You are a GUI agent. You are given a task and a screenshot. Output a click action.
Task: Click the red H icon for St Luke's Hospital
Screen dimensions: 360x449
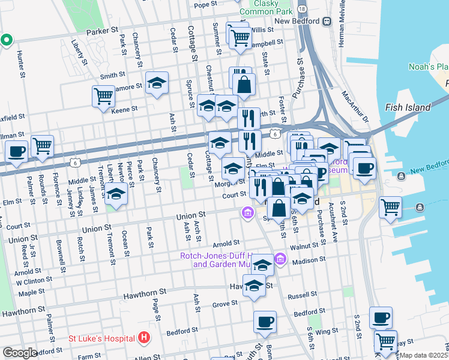(143, 338)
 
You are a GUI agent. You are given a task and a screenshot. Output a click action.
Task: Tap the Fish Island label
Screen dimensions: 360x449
(411, 107)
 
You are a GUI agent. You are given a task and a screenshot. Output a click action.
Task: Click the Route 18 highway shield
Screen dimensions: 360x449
(302, 9)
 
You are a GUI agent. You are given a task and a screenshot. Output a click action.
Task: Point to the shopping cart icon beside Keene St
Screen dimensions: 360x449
(103, 95)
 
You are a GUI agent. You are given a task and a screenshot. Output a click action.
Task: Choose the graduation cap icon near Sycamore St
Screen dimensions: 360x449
(157, 83)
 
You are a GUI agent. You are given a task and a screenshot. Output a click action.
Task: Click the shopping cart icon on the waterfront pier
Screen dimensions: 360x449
(390, 208)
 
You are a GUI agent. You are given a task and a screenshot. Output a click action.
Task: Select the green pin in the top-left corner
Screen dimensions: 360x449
(7, 40)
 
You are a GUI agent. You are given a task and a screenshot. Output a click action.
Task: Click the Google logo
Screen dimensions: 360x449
(20, 353)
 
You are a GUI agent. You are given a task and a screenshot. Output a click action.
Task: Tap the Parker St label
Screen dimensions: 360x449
(102, 30)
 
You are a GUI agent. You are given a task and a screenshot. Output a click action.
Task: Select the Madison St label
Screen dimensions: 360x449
(309, 260)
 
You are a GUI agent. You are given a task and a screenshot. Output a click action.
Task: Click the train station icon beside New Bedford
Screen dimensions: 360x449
(327, 21)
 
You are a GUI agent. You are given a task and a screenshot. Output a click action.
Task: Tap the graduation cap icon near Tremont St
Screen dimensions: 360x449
(116, 193)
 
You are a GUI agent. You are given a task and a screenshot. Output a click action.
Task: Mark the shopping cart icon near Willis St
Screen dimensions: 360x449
(240, 37)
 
